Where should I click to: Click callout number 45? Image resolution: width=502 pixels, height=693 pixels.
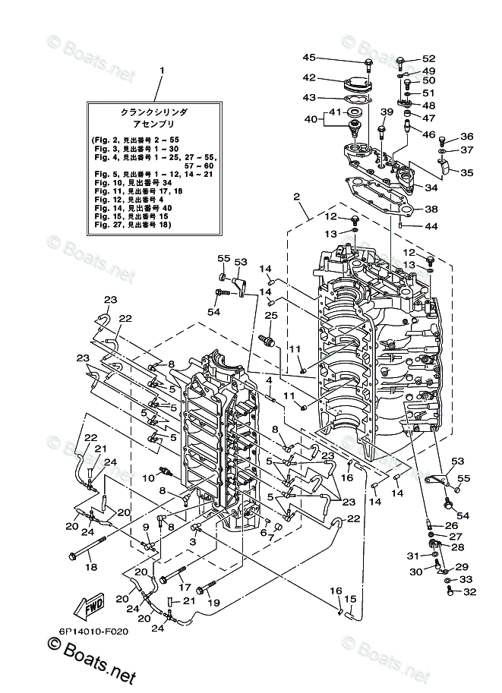coord(308,58)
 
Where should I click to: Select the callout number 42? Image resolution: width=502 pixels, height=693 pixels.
coord(308,77)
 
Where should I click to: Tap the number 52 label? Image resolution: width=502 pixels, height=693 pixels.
coord(429,58)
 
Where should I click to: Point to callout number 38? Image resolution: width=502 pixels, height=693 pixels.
coord(431,209)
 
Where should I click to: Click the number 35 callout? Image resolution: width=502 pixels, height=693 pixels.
coord(466,173)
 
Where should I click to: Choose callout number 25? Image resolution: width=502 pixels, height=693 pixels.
coord(270,315)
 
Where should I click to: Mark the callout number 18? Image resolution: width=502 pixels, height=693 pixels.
coord(90,566)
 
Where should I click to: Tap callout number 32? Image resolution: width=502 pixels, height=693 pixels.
coord(468,592)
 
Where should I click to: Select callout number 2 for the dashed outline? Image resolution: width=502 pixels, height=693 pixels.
coord(297,197)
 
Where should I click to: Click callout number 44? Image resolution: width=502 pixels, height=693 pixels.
coord(431,226)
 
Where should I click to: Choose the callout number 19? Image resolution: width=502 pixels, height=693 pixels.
coord(213,603)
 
